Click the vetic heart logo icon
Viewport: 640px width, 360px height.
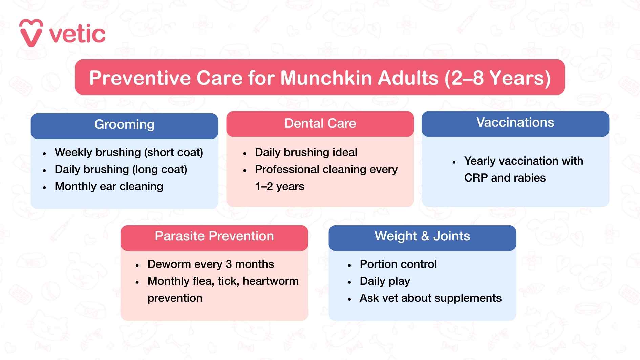click(31, 33)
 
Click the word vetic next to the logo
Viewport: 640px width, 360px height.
click(78, 34)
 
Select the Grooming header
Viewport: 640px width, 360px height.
click(124, 125)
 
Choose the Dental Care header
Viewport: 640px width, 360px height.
click(320, 124)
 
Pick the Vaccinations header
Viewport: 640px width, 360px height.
click(515, 123)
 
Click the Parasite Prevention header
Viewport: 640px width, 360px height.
click(214, 236)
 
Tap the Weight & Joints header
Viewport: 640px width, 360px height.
click(422, 236)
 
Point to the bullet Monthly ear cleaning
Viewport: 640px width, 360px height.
click(109, 186)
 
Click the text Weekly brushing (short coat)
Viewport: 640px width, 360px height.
click(129, 152)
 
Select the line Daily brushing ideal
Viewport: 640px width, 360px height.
click(306, 152)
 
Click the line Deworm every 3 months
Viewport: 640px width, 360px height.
click(210, 264)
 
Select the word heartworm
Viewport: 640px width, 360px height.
click(271, 281)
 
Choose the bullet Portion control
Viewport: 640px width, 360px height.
click(398, 264)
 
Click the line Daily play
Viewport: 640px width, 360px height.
click(385, 281)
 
